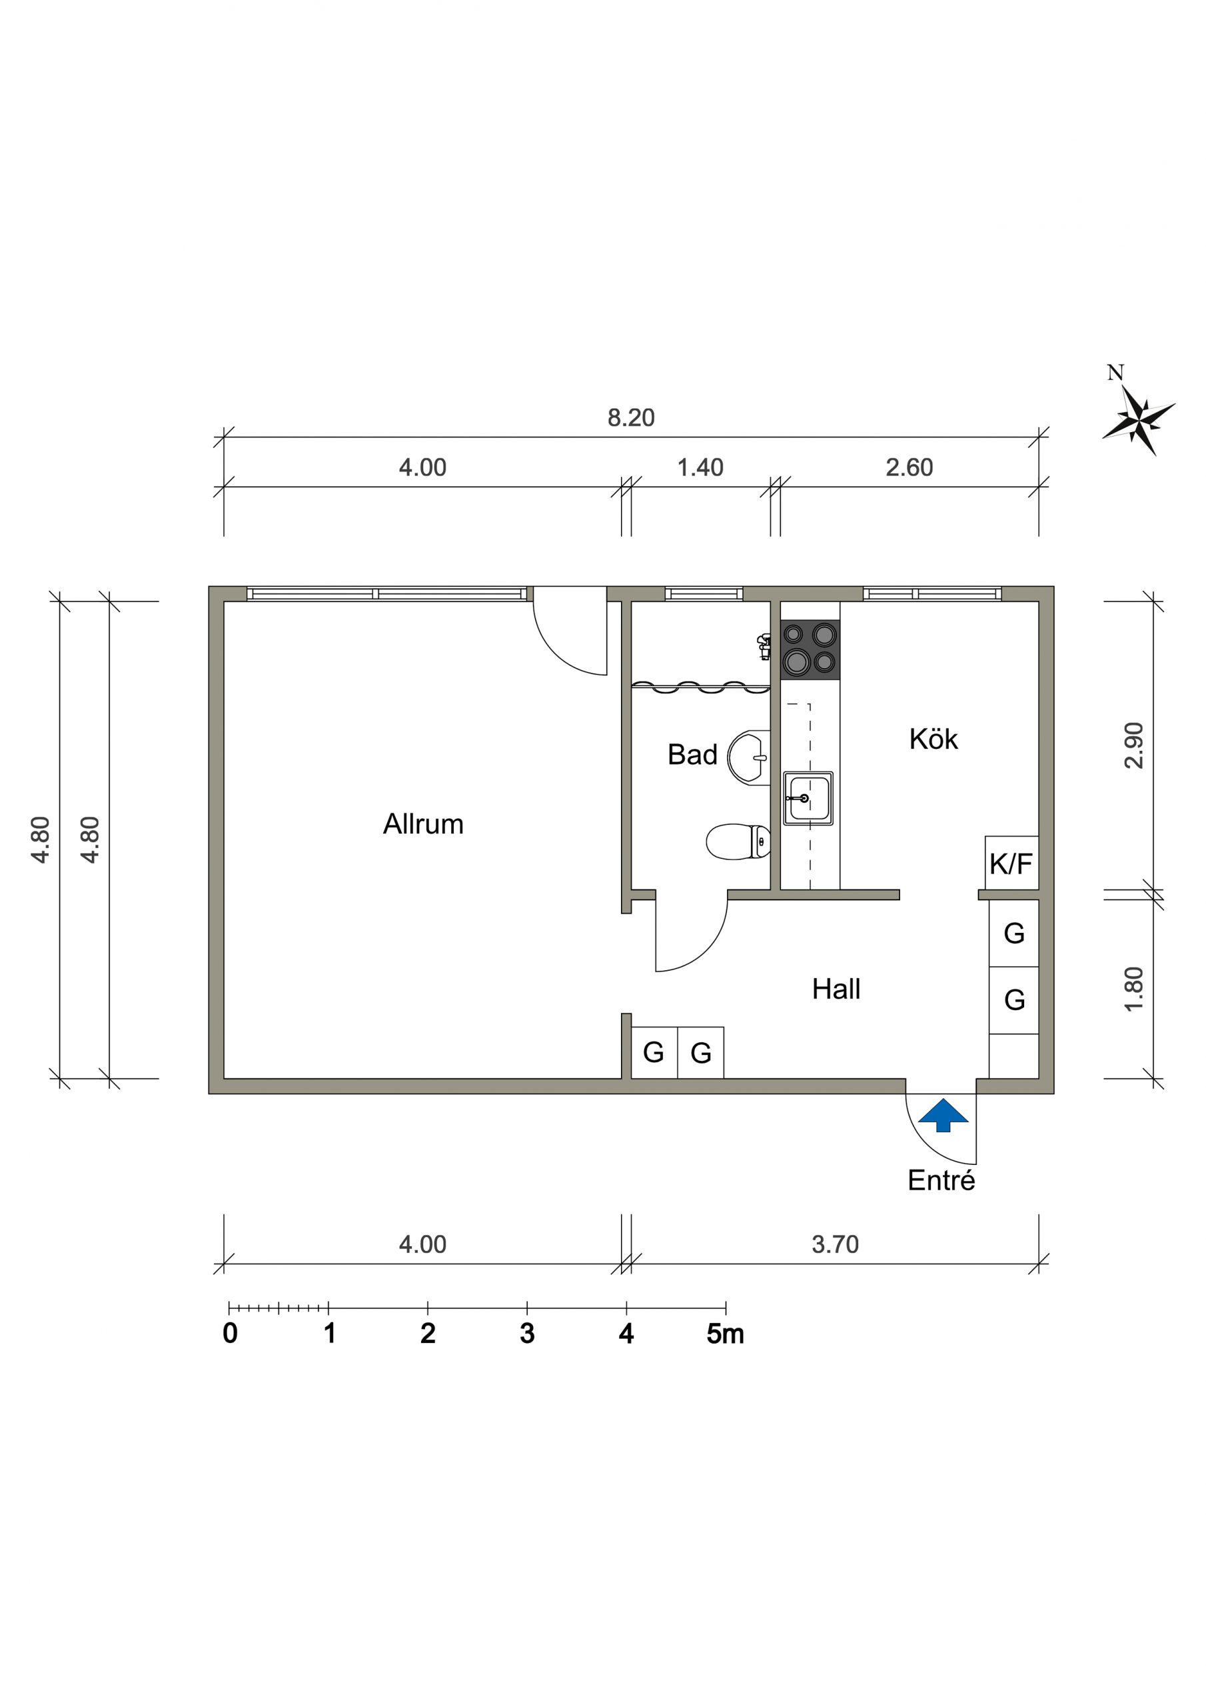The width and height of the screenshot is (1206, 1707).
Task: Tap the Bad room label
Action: point(692,755)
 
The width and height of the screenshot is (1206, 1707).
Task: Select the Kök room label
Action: point(933,739)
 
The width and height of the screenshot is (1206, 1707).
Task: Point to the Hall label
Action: point(836,990)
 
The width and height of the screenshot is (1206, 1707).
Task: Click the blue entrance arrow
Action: point(943,1114)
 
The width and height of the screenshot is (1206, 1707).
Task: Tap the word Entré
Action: point(941,1181)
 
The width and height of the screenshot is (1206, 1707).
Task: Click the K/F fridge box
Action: point(1011,863)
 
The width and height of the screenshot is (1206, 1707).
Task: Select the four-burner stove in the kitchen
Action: point(810,649)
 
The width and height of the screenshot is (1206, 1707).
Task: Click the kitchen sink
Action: point(808,798)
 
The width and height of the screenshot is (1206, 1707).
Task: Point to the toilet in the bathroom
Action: point(738,841)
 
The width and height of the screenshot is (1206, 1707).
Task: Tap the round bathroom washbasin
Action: point(748,757)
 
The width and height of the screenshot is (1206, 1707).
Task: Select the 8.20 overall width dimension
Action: point(631,418)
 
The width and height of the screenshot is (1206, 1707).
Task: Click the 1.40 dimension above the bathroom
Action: point(700,467)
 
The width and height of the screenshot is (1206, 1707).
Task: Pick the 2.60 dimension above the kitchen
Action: point(909,467)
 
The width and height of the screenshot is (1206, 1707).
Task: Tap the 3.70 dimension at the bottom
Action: point(836,1244)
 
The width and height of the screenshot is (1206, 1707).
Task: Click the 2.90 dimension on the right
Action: point(1134,745)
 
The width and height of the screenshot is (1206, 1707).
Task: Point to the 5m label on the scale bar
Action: point(725,1334)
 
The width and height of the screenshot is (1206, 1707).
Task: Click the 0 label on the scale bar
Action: point(231,1334)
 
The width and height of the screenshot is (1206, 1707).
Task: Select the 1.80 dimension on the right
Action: point(1134,989)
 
